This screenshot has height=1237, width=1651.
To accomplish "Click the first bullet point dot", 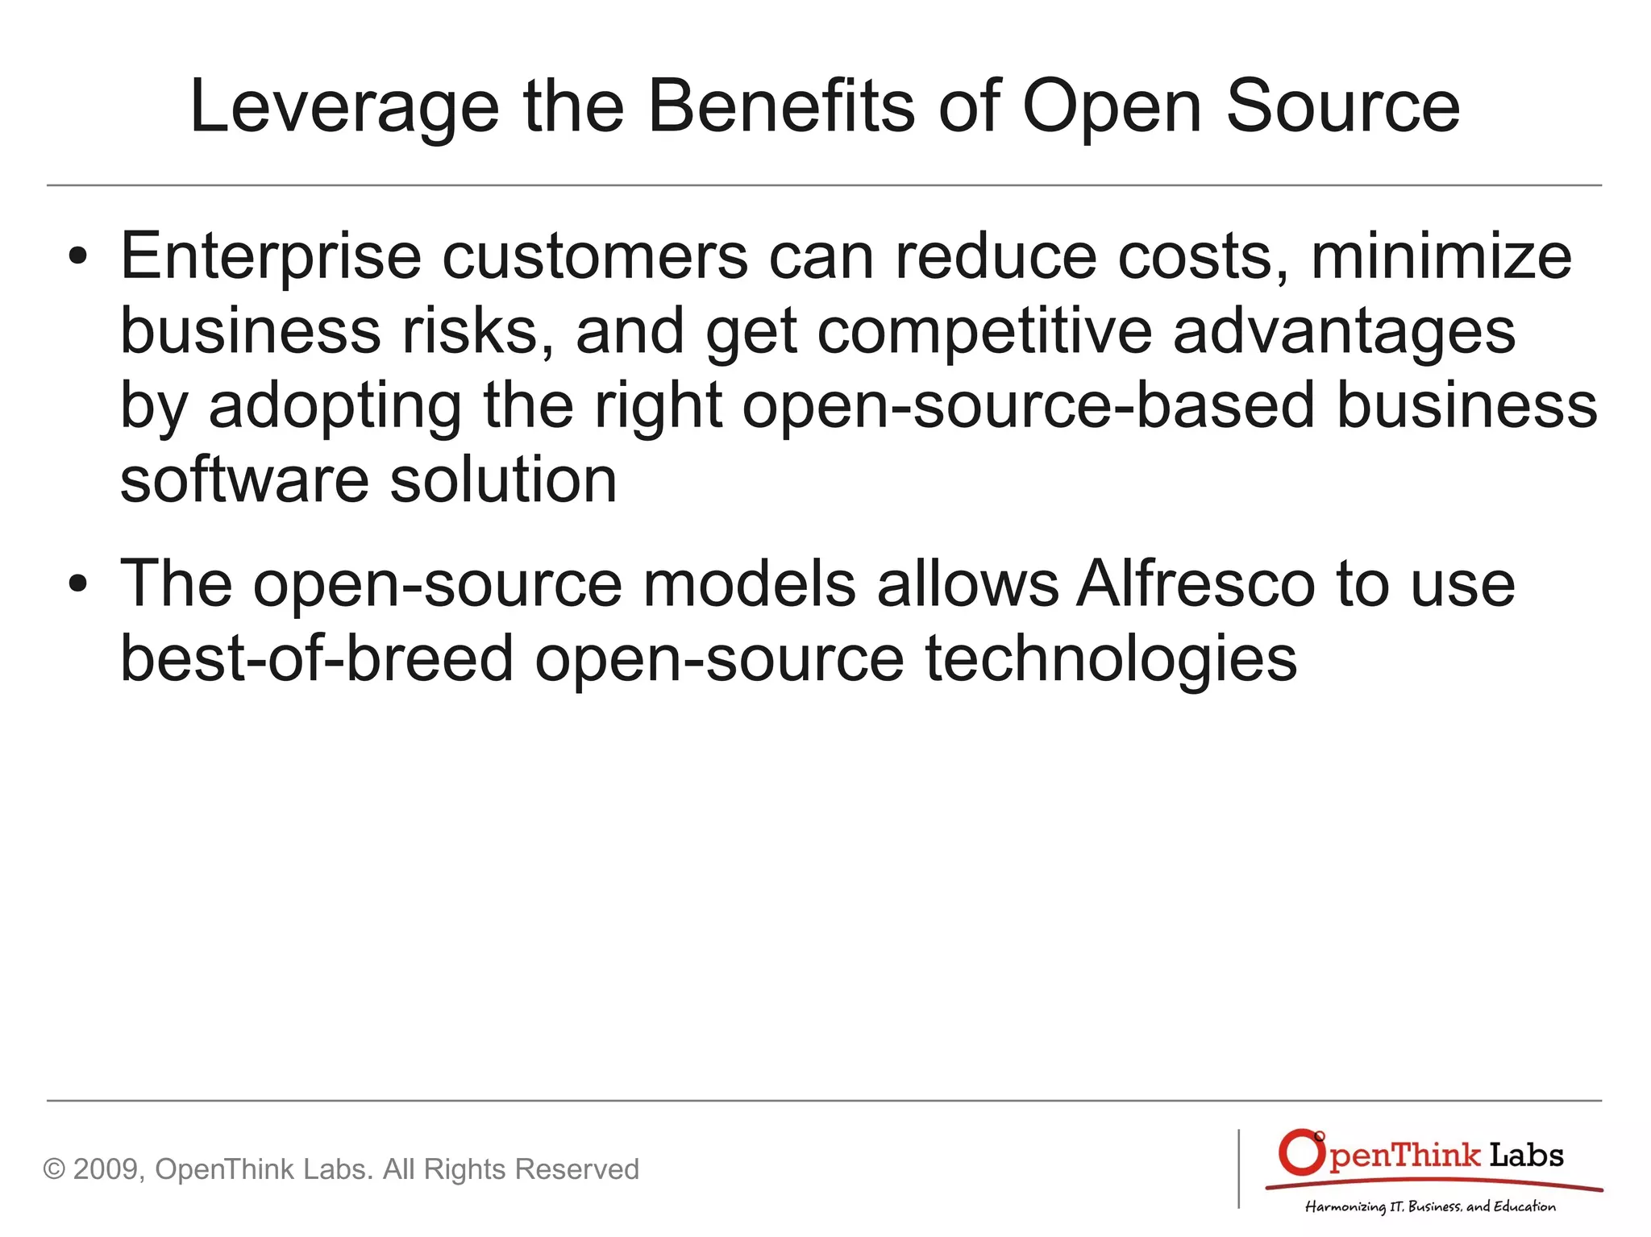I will pos(77,257).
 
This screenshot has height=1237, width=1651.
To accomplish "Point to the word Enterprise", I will pos(271,257).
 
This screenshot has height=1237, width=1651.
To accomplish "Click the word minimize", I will pos(1441,257).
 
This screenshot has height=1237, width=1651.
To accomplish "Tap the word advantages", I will pos(1344,331).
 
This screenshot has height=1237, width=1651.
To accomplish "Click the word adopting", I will pos(335,406).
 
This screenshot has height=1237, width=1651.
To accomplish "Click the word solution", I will pos(503,480).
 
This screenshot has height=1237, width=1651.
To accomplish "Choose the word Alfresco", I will pos(1196,584).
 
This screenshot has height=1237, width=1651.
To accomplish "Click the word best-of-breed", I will pos(317,658).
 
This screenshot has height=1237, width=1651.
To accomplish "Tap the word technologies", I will pos(1110,658).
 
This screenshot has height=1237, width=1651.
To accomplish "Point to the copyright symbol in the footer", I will pos(53,1169).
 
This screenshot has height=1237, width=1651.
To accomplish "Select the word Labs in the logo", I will pos(1525,1156).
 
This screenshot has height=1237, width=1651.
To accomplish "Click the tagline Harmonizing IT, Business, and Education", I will pos(1430,1206).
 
